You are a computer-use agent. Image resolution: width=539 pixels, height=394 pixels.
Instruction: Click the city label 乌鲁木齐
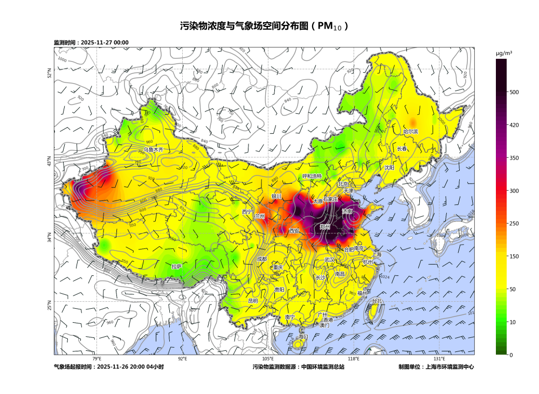coord(153,149)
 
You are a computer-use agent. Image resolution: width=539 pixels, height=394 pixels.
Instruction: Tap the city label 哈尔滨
coord(411,132)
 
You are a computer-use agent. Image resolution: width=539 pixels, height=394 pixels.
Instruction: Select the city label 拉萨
coord(176,266)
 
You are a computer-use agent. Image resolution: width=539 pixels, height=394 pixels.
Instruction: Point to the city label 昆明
coord(253,300)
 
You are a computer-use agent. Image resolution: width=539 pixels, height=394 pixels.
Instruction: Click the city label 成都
coord(262,259)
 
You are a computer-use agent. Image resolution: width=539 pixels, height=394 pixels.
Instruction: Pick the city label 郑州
coord(324,227)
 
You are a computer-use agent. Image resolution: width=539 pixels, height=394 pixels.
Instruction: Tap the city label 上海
coord(376,254)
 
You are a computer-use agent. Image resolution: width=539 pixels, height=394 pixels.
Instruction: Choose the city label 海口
coord(303,336)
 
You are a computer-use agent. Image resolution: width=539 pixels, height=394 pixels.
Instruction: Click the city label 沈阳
coord(389,168)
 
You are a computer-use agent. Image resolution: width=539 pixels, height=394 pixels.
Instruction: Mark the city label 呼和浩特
coord(312,176)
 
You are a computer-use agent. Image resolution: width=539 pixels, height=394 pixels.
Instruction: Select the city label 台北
coord(376,301)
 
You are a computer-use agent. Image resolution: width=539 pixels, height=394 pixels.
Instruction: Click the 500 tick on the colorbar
coord(514,92)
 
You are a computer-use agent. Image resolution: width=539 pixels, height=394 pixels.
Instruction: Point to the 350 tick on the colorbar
coord(514,158)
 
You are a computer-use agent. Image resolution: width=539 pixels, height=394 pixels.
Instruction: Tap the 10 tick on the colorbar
coord(512,322)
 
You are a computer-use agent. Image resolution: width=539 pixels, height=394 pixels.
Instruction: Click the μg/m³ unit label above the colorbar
coord(504,53)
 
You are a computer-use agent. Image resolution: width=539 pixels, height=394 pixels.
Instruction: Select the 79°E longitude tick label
coord(96,359)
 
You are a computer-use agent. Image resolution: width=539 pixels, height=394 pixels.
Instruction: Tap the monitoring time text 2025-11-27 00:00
coord(105,43)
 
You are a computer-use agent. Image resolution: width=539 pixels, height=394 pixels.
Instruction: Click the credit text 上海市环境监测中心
coord(450,367)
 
